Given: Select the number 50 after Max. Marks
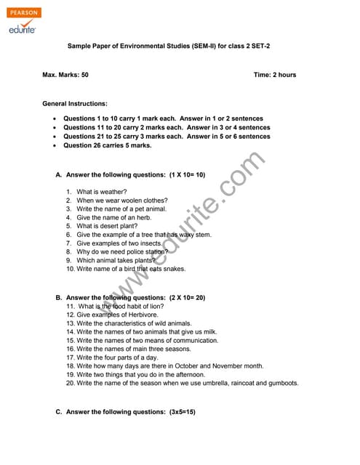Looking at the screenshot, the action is tap(84, 75).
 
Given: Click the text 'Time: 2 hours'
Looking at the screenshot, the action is tap(275, 75).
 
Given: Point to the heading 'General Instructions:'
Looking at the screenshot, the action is tap(75, 104).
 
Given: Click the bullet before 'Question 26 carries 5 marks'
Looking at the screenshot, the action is tap(55, 145).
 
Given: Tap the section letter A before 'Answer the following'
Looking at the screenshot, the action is tap(58, 175).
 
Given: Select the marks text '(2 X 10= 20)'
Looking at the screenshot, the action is tap(187, 298).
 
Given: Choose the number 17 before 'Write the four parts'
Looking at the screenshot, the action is tap(71, 357).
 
